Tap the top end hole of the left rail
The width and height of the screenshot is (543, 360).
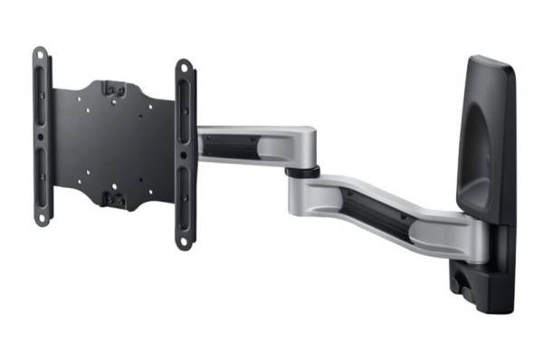[x=39, y=56]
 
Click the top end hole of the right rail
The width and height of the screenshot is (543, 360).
[x=184, y=70]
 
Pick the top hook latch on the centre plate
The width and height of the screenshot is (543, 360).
[x=113, y=89]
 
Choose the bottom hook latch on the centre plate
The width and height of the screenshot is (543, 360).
[x=115, y=199]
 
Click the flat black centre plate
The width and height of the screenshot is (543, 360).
[x=100, y=145]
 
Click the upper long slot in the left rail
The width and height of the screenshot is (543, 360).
[x=40, y=99]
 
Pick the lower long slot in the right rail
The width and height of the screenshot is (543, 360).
[x=184, y=204]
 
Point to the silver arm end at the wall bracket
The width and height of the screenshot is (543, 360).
[x=452, y=235]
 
